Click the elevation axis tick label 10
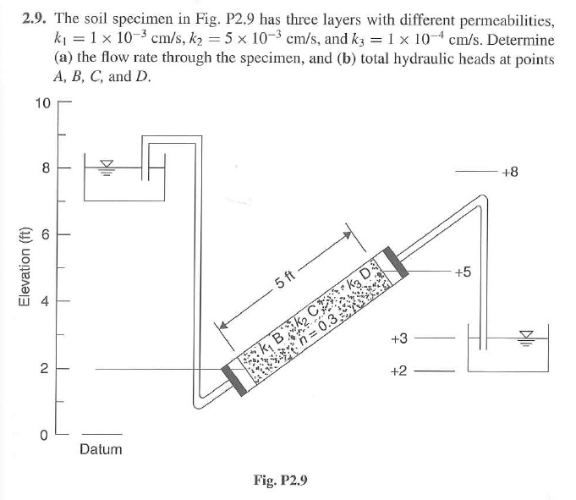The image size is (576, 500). pyautogui.click(x=43, y=103)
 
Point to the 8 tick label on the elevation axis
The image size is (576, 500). pyautogui.click(x=46, y=168)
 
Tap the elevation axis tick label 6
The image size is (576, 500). pyautogui.click(x=45, y=234)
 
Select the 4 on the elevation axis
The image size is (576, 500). pyautogui.click(x=45, y=302)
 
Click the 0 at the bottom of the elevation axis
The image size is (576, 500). pyautogui.click(x=44, y=436)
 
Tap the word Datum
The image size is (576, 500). pyautogui.click(x=101, y=449)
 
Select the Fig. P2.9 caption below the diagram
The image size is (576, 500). pyautogui.click(x=280, y=481)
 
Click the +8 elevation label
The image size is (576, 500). pyautogui.click(x=510, y=172)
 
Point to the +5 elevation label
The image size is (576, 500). pyautogui.click(x=463, y=272)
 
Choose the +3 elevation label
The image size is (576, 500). pyautogui.click(x=399, y=338)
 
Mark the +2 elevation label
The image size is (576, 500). pyautogui.click(x=399, y=371)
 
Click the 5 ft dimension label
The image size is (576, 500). pyautogui.click(x=285, y=279)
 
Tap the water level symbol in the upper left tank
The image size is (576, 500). pyautogui.click(x=107, y=168)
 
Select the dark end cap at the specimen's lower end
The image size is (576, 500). pyautogui.click(x=234, y=381)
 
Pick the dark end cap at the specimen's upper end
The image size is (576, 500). pyautogui.click(x=395, y=262)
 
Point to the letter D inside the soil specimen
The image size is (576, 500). pyautogui.click(x=365, y=274)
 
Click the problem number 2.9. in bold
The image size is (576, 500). pyautogui.click(x=34, y=19)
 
